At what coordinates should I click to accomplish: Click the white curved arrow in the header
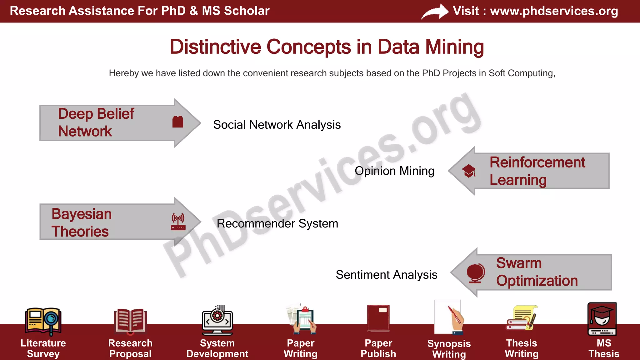435,12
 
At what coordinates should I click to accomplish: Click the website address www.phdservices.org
554,11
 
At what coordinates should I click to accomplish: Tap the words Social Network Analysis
277,125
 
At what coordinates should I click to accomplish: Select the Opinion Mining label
394,171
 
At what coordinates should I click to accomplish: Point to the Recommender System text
277,223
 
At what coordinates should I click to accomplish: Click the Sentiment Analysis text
386,275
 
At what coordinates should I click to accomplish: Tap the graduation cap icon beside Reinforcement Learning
469,171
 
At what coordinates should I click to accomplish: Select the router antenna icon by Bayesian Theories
178,222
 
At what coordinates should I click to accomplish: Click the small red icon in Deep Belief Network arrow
178,122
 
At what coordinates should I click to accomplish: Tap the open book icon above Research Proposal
130,321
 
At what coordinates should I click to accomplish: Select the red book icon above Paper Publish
378,318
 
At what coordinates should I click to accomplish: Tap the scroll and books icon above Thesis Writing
522,318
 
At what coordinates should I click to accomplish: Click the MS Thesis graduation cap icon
602,319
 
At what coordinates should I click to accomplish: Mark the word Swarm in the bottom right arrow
519,263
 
